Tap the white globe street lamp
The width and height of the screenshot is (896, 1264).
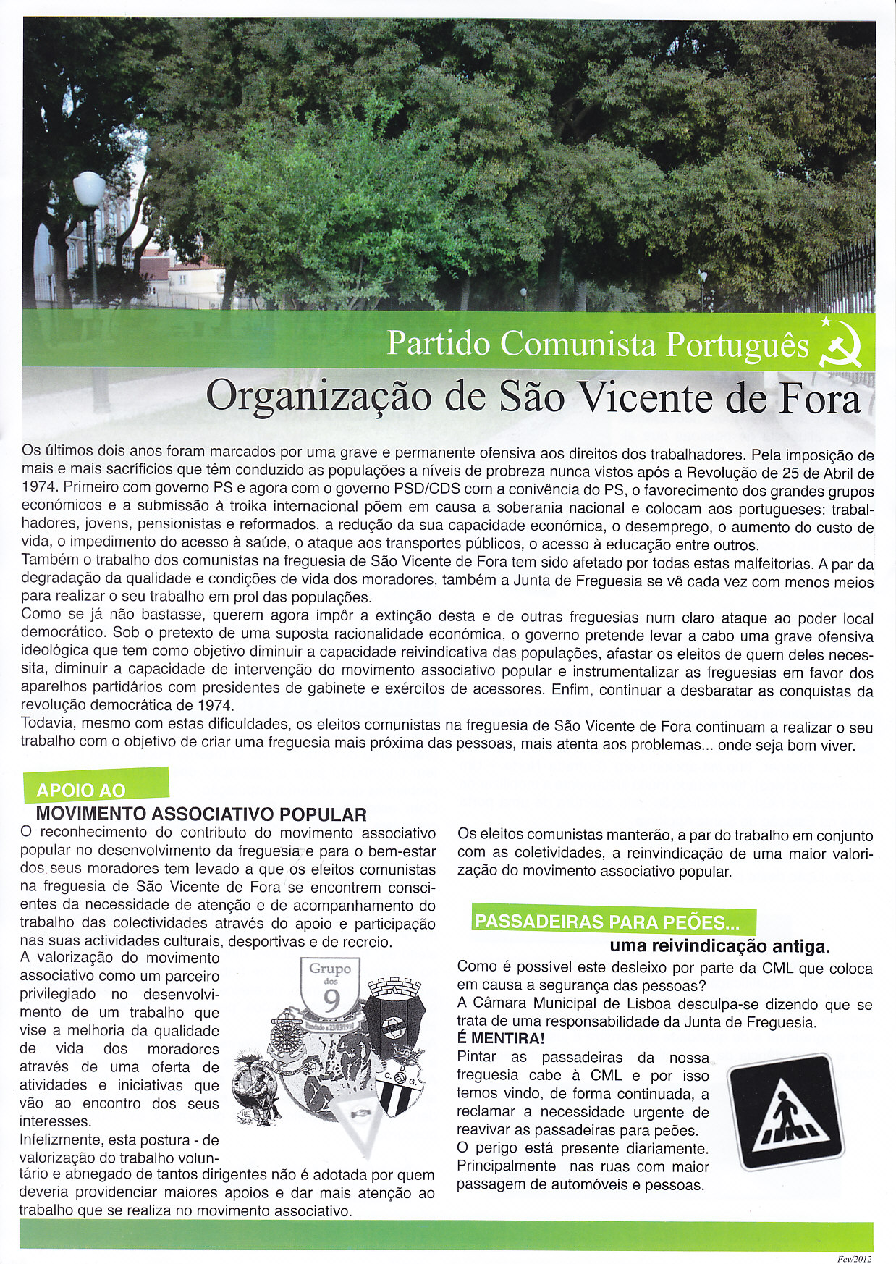tap(89, 190)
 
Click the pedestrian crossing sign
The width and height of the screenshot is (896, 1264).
tap(785, 1111)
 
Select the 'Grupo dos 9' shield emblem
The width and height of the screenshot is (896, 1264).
tap(330, 987)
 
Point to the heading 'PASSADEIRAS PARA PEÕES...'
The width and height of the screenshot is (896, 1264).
tap(607, 922)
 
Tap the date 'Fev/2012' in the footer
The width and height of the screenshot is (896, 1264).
tap(853, 1258)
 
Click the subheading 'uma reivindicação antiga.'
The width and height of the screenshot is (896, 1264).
tap(719, 946)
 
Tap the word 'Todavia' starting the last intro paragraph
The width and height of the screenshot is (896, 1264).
tap(47, 723)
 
